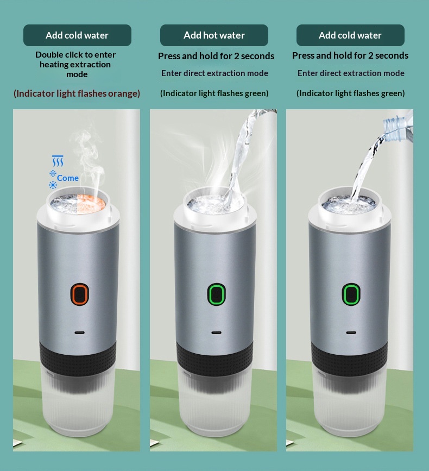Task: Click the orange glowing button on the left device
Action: [x=80, y=294]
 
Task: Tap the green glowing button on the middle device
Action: [x=216, y=294]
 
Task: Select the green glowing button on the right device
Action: [x=351, y=294]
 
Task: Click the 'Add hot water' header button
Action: [x=214, y=35]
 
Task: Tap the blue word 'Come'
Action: [x=68, y=178]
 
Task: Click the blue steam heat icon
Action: [x=58, y=161]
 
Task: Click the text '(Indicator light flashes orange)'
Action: [x=77, y=93]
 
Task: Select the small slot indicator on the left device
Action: [x=80, y=333]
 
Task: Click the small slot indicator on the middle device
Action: [x=216, y=333]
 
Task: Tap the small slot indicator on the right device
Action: [x=351, y=333]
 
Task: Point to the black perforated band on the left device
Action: [x=78, y=354]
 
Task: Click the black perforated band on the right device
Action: [x=349, y=354]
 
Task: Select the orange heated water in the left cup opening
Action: [x=91, y=203]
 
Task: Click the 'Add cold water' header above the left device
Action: [x=77, y=35]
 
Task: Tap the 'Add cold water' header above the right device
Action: [x=350, y=35]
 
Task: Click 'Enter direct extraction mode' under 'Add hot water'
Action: [x=214, y=73]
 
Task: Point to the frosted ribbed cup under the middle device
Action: [x=215, y=399]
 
